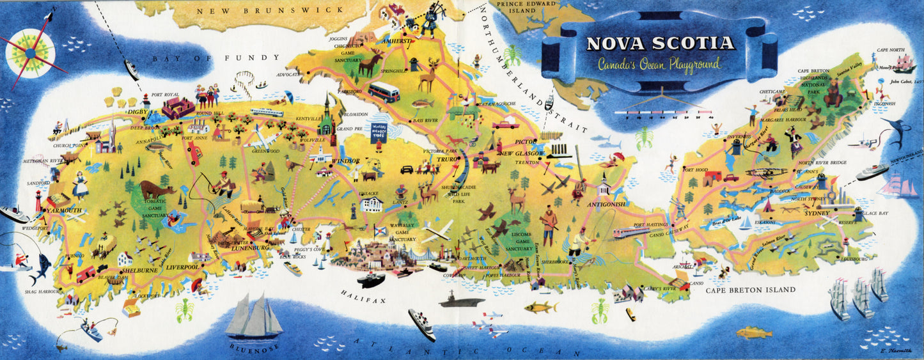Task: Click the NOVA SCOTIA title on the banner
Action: click(x=661, y=43)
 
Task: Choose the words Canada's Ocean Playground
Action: click(x=659, y=64)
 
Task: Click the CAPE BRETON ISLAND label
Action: click(x=751, y=290)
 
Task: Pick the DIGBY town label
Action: click(x=137, y=112)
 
